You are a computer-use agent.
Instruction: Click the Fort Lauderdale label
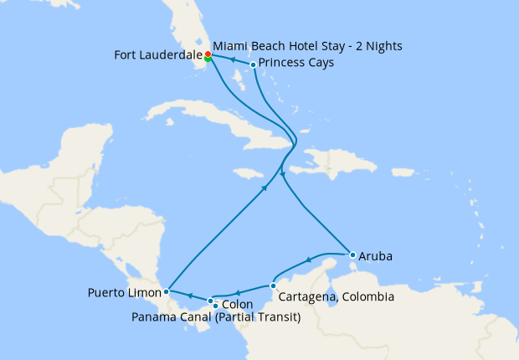(157, 56)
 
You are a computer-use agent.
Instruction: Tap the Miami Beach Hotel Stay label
(307, 45)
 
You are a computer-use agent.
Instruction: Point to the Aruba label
(376, 255)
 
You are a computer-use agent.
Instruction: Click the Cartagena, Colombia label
(334, 296)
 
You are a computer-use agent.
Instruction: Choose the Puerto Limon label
(123, 294)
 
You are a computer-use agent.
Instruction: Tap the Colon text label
(239, 305)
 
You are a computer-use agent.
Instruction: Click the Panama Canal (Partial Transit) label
(216, 317)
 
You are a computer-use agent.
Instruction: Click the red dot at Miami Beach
(208, 54)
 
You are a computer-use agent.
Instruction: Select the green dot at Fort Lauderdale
(208, 59)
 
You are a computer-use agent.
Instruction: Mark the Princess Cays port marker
(253, 64)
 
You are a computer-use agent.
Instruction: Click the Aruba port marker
(352, 255)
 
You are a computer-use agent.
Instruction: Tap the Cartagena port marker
(273, 285)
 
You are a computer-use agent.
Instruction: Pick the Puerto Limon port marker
(167, 291)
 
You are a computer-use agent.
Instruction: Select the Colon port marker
(210, 300)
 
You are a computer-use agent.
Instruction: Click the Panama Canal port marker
(215, 306)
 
